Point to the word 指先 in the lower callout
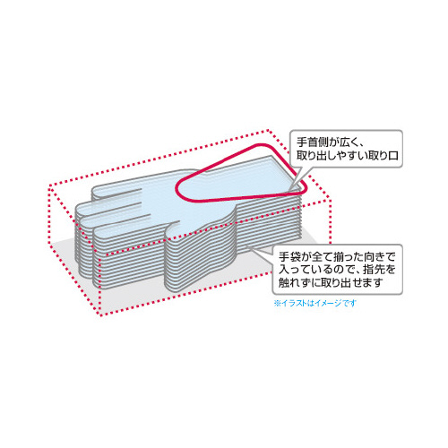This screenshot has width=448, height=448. (376, 270)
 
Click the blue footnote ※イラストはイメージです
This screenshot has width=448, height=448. (315, 304)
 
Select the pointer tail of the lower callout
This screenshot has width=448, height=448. (261, 250)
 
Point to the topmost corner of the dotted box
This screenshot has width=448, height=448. (269, 130)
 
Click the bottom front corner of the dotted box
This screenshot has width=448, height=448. (101, 314)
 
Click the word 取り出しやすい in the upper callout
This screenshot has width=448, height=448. (332, 156)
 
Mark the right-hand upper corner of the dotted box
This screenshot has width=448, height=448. (331, 199)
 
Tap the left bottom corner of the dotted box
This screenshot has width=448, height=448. (50, 243)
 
